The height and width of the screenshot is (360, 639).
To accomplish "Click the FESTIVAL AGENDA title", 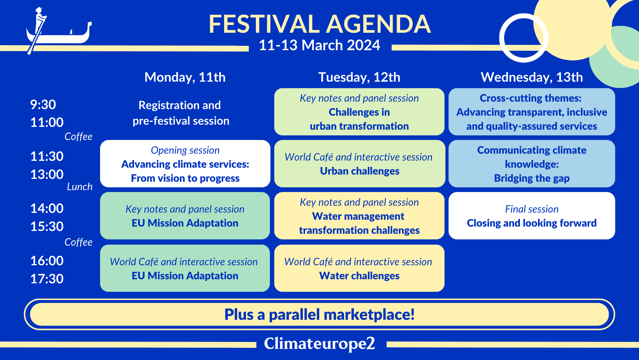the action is [319, 24].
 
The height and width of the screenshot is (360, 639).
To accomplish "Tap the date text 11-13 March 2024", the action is [319, 45].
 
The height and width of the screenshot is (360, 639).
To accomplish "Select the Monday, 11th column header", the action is [185, 77].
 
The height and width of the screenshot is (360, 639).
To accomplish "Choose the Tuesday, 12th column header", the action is [359, 77].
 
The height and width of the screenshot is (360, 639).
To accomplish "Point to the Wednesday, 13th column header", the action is [532, 77].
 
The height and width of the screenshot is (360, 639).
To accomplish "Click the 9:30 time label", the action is [43, 105].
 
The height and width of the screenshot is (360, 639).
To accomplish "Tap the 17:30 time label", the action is [47, 279].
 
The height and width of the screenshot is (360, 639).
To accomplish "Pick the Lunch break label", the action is [80, 187].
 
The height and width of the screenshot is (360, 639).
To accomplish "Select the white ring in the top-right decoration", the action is [502, 38].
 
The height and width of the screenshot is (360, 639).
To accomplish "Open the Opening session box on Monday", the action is [185, 164].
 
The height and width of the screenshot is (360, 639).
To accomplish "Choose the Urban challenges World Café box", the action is [360, 164].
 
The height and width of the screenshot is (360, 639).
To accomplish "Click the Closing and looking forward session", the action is [532, 216].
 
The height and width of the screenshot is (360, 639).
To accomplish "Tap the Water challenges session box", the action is [359, 268].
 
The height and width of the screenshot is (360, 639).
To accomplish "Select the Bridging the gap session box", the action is [532, 164].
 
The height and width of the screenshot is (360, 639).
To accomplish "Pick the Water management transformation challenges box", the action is [359, 216].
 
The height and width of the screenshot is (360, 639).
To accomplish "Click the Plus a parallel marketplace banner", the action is [319, 314].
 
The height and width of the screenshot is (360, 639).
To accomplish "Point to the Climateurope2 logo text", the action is [319, 343].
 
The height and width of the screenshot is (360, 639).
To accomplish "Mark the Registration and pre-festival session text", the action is [180, 113].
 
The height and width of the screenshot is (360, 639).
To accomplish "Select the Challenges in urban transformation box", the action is [359, 112].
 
